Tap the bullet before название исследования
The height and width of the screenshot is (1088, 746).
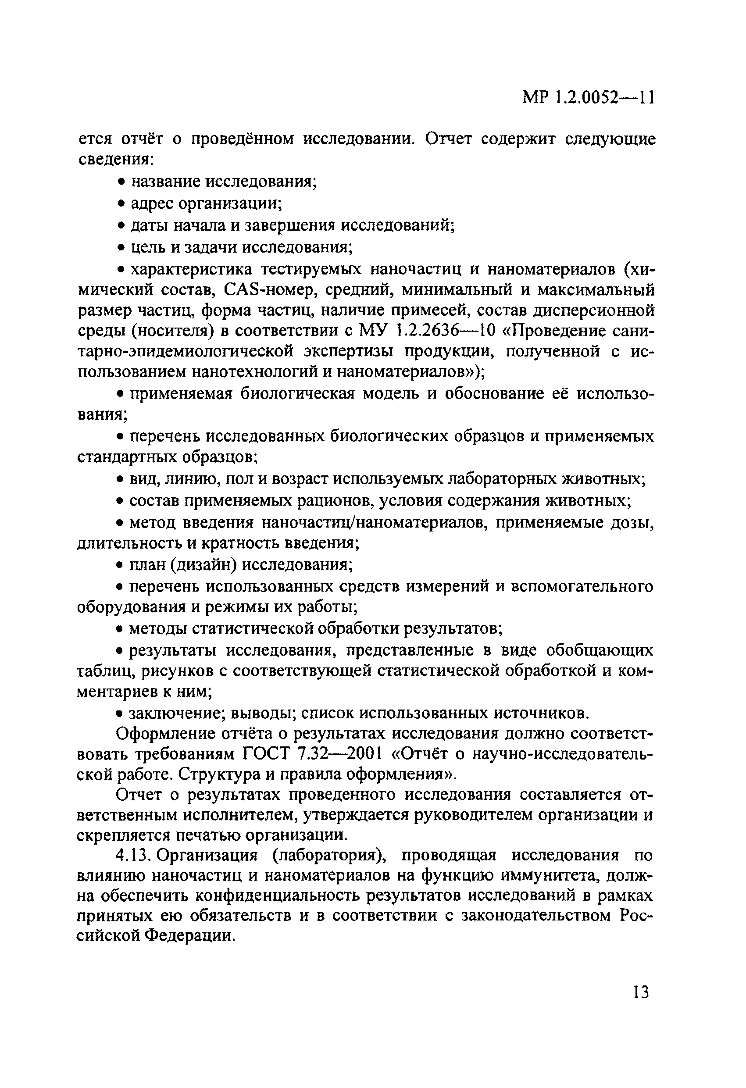[120, 182]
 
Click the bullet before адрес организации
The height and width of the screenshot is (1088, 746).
[120, 204]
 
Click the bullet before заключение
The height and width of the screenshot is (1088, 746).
[120, 714]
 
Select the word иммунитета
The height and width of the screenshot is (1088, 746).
[526, 875]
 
